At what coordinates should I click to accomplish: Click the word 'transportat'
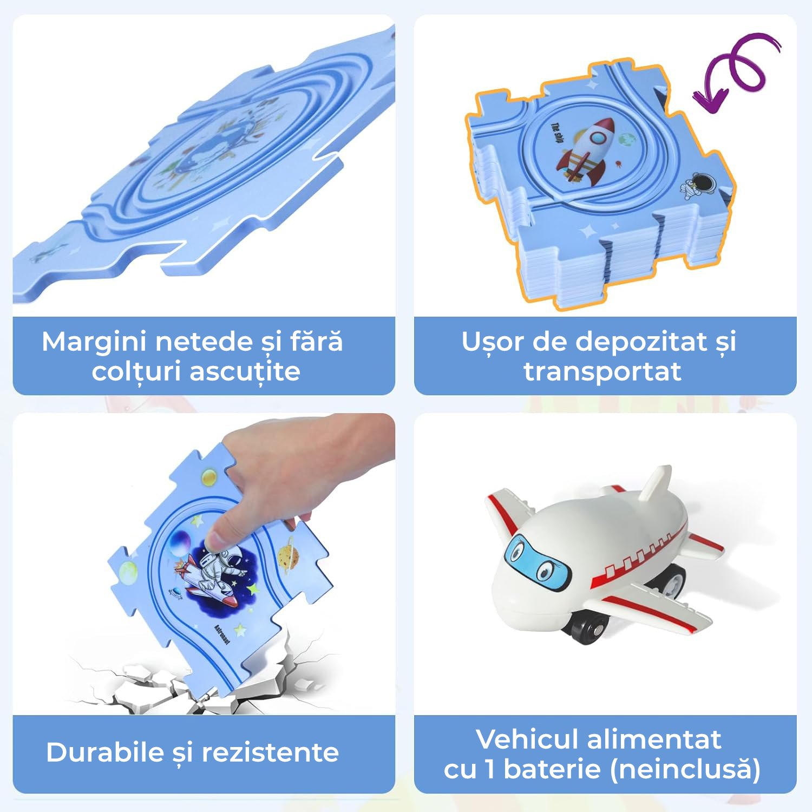603,372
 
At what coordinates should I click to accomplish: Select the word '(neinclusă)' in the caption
685,769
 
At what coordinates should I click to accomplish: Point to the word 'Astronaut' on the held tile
222,633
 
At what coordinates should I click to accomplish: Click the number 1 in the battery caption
490,769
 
